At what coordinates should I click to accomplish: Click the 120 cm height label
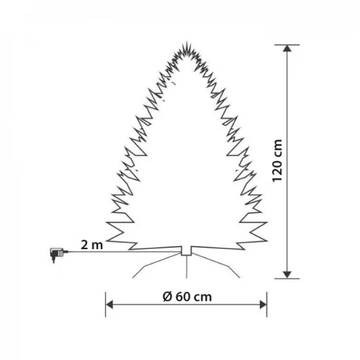(x=277, y=161)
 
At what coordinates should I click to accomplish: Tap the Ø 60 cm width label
(x=187, y=297)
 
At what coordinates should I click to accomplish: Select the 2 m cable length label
(x=91, y=245)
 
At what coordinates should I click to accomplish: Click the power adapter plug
(x=57, y=255)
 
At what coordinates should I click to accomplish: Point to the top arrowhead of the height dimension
(x=287, y=48)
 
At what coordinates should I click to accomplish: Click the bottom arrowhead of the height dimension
(x=287, y=275)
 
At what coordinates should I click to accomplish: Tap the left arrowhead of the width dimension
(x=109, y=305)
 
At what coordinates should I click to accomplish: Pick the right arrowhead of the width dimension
(x=264, y=305)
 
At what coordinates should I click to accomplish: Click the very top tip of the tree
(x=186, y=42)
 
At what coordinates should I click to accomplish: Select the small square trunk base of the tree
(x=186, y=251)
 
